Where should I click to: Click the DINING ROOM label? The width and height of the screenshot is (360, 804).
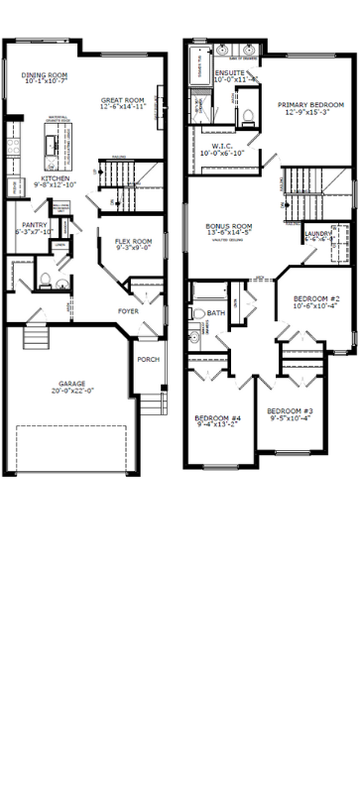[x=45, y=74]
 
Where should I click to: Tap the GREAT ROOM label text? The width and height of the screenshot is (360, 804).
[x=123, y=100]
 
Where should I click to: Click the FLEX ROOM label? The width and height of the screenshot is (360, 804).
[x=133, y=242]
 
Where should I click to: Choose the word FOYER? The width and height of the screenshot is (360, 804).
[x=128, y=311]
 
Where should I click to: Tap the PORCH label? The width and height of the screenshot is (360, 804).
[x=148, y=359]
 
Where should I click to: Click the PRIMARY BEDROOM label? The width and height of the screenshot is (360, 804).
[x=310, y=105]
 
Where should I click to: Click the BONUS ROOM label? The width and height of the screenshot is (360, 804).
[x=229, y=226]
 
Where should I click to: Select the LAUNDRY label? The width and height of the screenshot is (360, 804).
[x=318, y=234]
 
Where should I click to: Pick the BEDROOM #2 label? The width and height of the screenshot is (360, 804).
[x=316, y=298]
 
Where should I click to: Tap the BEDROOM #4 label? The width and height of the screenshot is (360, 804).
[x=217, y=417]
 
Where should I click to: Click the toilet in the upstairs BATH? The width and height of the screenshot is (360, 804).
[x=198, y=314]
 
